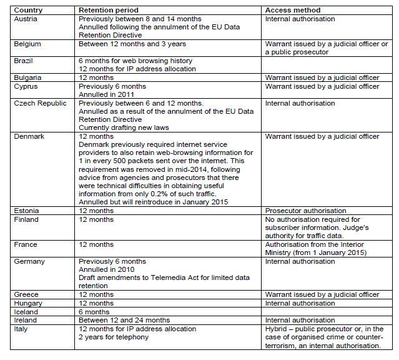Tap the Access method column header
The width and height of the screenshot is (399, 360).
(293, 11)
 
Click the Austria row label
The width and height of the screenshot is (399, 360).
(26, 19)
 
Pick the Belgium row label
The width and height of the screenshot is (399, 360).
(27, 44)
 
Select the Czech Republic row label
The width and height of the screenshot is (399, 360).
(41, 103)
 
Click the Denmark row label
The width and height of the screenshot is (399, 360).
(29, 136)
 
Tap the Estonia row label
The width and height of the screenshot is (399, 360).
(26, 211)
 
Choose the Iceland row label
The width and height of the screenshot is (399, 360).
(26, 312)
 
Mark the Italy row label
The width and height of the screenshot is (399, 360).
(21, 329)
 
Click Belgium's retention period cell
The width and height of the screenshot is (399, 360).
(132, 44)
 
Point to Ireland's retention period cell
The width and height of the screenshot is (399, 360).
(124, 320)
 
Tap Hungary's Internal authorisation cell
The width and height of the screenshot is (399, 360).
(300, 303)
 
